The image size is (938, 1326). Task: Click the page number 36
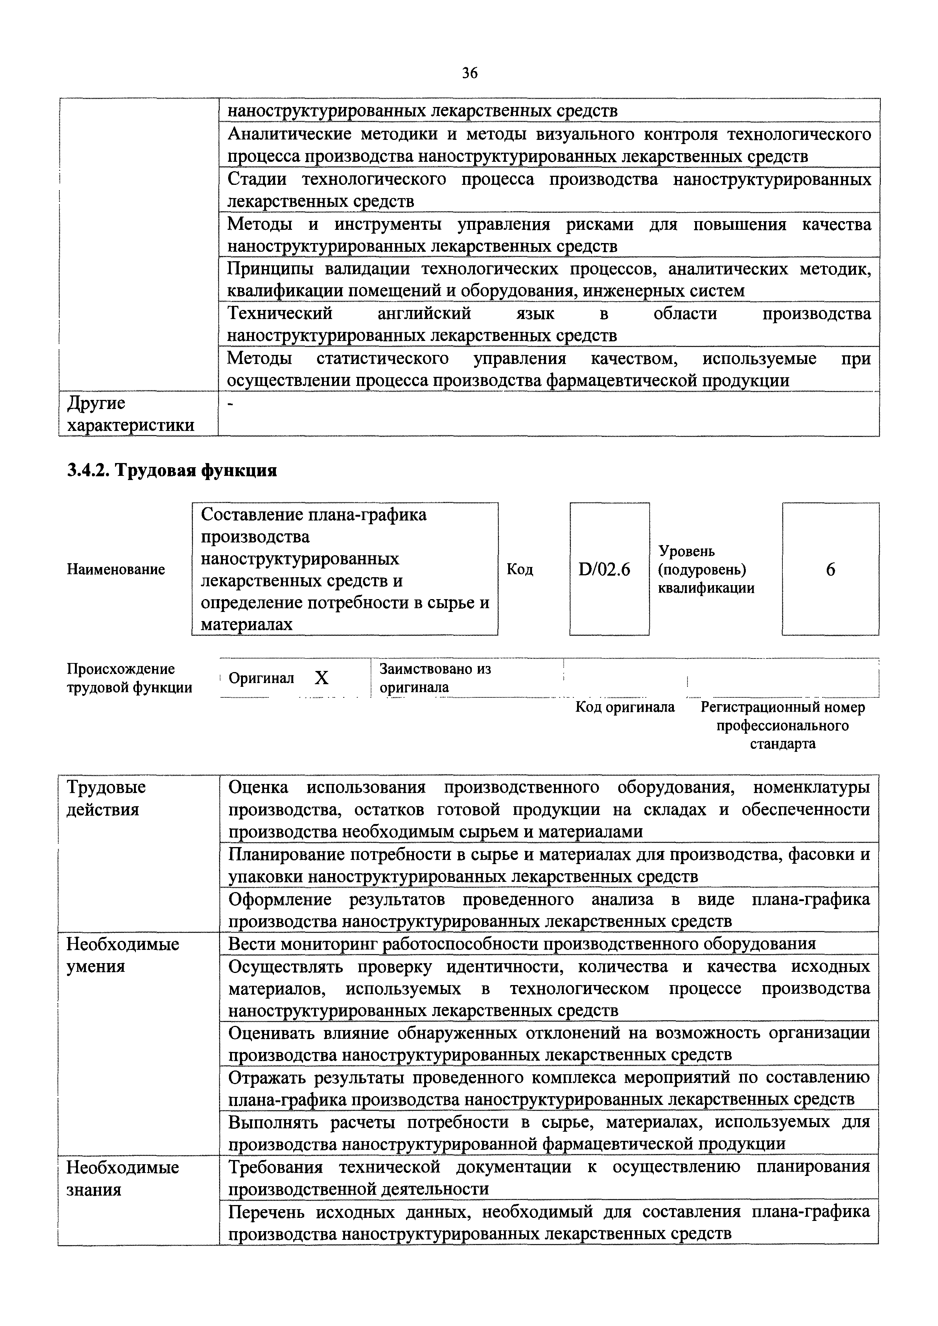469,73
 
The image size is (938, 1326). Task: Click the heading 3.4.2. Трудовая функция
172,471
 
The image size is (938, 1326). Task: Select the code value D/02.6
604,570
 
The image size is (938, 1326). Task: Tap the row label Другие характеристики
131,414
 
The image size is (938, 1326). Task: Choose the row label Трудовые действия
106,798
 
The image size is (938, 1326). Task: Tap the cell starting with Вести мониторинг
521,944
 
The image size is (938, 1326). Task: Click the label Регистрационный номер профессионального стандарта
782,725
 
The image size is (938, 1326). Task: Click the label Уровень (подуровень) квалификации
706,570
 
